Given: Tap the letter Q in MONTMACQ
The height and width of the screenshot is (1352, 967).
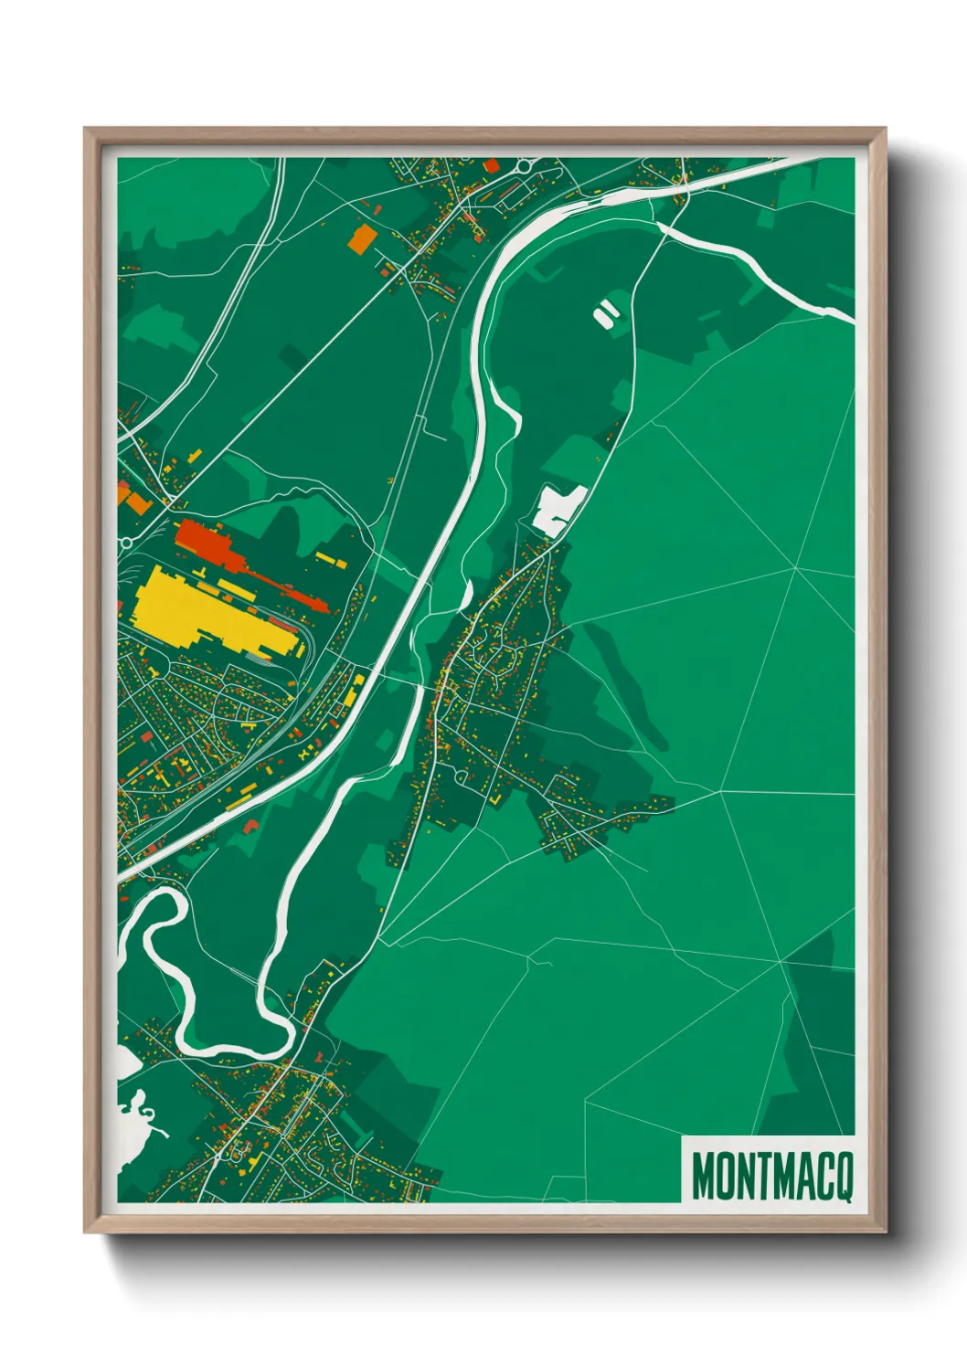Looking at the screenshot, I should [843, 1177].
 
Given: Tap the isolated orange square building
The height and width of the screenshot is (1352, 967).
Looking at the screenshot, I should [362, 238].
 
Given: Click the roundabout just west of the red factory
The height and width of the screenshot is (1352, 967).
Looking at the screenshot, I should [126, 542].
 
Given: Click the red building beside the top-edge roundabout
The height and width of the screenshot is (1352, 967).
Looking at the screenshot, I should [492, 165].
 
